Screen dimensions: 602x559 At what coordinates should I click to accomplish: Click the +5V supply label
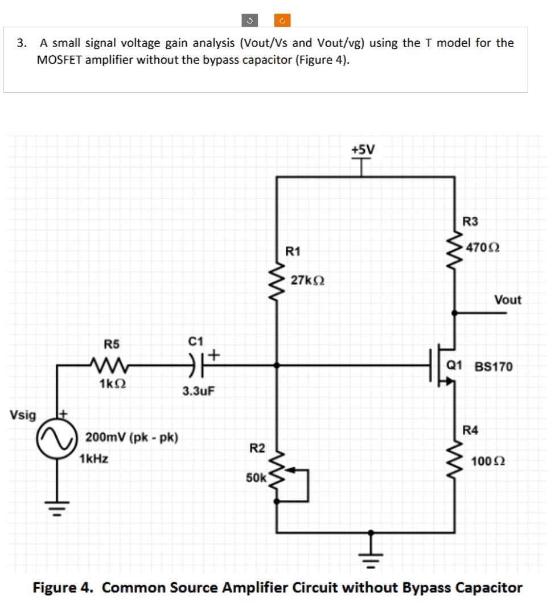click(x=363, y=149)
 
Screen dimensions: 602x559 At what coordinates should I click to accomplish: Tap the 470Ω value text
click(x=483, y=248)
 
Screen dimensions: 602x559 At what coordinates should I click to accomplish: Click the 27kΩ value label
click(x=307, y=280)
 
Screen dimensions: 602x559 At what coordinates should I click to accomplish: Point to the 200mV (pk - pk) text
click(x=131, y=438)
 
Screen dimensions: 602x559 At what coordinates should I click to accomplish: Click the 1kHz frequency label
click(x=94, y=458)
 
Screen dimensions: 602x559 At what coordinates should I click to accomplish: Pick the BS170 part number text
click(x=494, y=367)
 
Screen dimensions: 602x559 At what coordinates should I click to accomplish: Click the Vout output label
click(x=507, y=300)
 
